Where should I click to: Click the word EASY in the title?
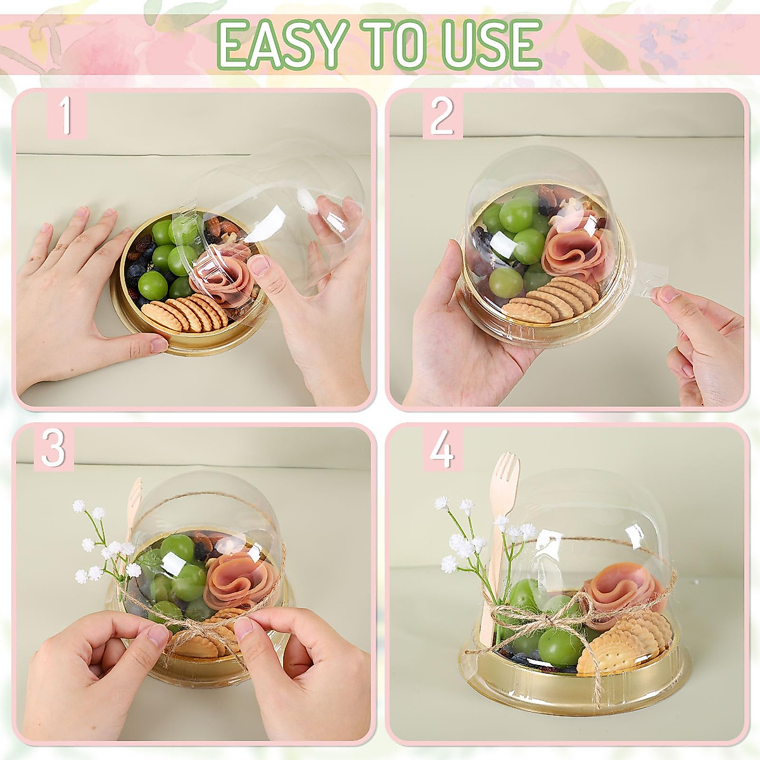280,44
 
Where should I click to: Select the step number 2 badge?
442,117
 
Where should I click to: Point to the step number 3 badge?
54,449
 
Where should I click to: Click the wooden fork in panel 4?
500,538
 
